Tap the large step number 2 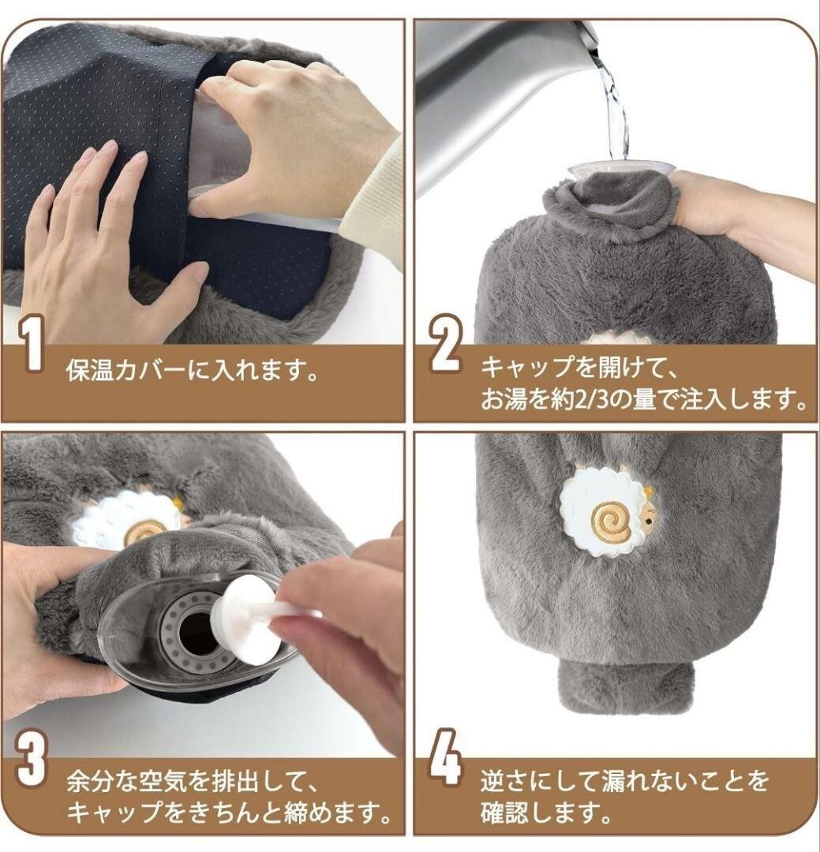(x=446, y=344)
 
